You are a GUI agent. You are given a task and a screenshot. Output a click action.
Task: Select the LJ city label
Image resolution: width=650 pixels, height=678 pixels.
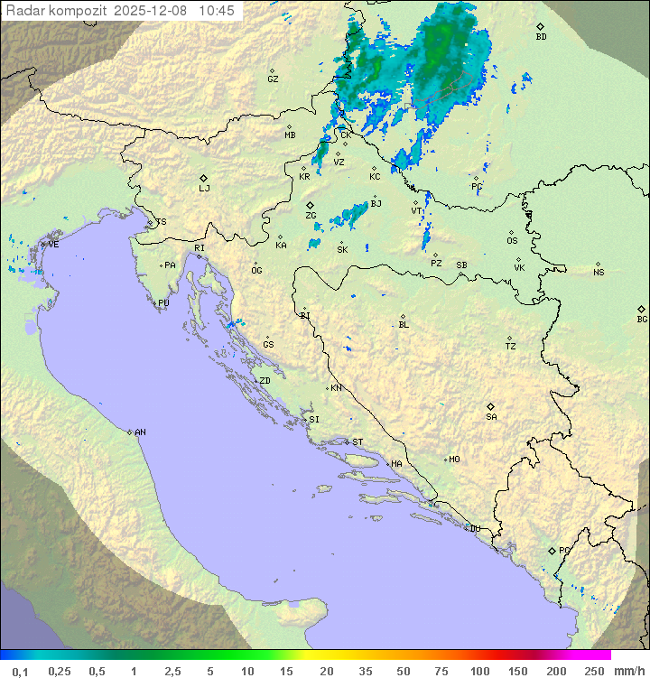click(x=204, y=188)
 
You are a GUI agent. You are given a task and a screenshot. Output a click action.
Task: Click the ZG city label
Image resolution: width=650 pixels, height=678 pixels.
click(x=311, y=216)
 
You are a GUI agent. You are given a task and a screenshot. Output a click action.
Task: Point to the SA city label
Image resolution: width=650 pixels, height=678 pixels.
click(x=491, y=416)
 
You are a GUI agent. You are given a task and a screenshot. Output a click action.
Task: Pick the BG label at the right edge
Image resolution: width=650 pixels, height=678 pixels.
click(x=642, y=319)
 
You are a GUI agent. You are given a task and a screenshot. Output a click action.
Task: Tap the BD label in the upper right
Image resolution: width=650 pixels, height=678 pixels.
click(x=541, y=36)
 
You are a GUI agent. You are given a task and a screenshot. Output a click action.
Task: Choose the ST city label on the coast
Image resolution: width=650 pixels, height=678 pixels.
click(x=357, y=442)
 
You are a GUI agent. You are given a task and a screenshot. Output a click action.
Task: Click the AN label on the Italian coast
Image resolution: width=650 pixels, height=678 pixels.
click(x=140, y=432)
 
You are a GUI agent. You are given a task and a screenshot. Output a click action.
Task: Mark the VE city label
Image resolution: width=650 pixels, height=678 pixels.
click(x=53, y=245)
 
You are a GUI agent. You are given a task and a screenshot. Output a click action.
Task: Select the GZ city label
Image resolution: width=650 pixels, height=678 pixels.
click(x=273, y=79)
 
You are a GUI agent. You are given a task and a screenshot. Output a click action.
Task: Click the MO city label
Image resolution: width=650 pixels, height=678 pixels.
click(x=454, y=460)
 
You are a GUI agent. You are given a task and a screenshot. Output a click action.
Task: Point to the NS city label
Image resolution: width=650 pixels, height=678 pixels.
click(x=599, y=272)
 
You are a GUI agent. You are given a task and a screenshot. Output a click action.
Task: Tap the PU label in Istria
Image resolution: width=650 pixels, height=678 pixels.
click(x=163, y=303)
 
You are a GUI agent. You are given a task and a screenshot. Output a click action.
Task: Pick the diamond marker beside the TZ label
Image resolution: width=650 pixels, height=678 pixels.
click(x=510, y=338)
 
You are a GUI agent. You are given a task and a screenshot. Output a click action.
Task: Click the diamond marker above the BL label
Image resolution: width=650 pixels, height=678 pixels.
click(x=403, y=316)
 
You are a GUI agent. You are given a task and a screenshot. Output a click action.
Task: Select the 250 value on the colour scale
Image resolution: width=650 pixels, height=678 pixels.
click(x=594, y=670)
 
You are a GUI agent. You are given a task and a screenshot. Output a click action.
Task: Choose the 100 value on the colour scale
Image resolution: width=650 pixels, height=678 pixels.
click(x=479, y=670)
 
